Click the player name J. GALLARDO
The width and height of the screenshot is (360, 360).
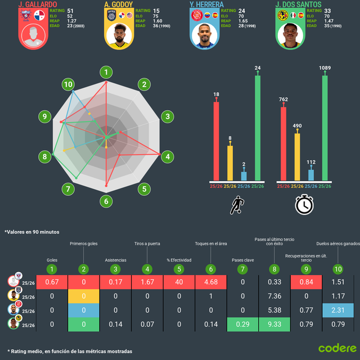tap(37, 4)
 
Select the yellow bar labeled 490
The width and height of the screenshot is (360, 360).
tap(298, 156)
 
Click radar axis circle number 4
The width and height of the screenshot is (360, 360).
tap(166, 156)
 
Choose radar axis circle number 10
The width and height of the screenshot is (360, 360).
tap(68, 85)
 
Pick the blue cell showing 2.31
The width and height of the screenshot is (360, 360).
tap(338, 310)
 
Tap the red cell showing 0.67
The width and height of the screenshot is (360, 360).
tap(52, 281)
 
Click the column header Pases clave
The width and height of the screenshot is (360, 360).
tap(243, 260)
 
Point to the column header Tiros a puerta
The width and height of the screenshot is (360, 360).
tap(146, 244)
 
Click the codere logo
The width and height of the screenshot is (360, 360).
tap(336, 348)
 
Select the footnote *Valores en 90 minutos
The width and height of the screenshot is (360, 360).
tap(31, 232)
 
